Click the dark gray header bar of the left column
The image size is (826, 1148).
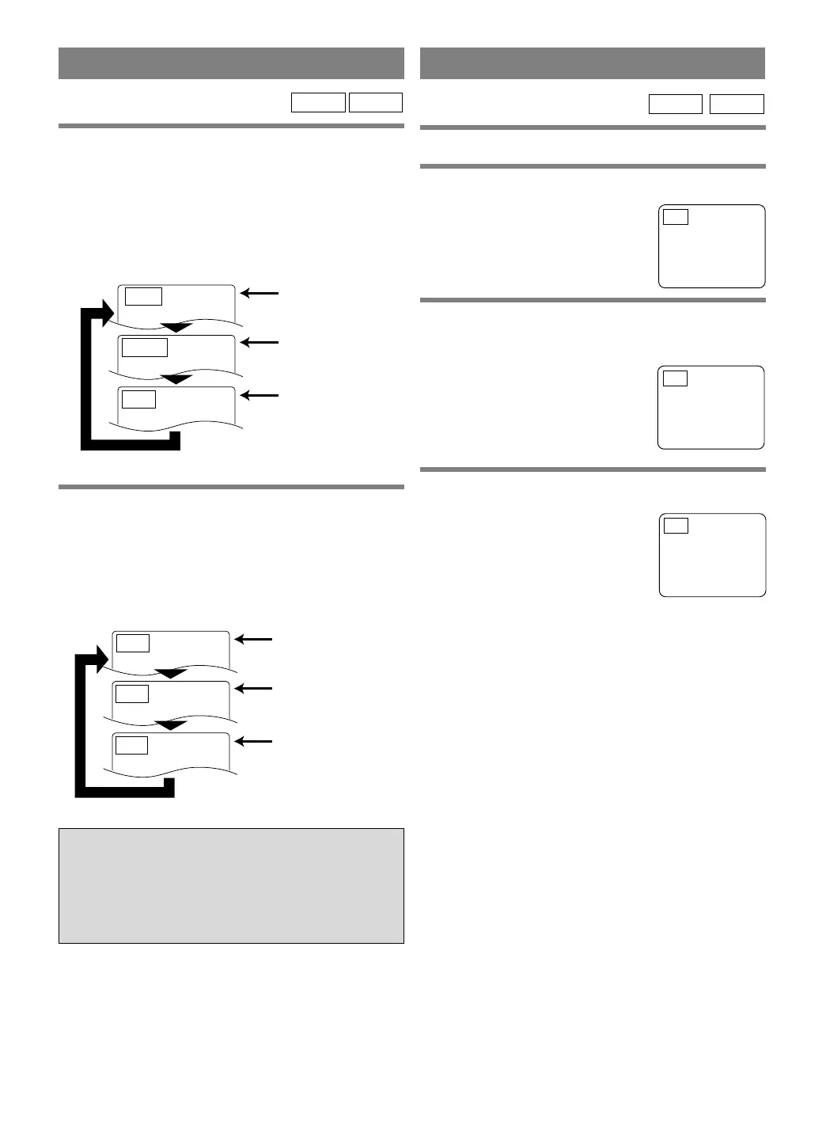(231, 63)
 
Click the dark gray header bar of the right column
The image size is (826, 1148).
(593, 63)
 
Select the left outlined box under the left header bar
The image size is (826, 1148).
(318, 103)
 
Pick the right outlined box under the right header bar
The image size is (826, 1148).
(737, 104)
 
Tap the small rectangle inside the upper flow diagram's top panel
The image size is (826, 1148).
(144, 296)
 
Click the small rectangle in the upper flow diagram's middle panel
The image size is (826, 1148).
(146, 347)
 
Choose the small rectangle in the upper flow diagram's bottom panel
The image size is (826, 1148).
(139, 399)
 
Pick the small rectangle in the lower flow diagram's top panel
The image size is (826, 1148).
(133, 642)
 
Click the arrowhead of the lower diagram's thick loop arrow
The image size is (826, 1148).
(99, 657)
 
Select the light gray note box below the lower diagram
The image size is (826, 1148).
(231, 886)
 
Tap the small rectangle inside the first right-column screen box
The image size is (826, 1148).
(676, 217)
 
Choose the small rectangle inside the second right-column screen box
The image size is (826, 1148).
(675, 378)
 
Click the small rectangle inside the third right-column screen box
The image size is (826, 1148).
(676, 526)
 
